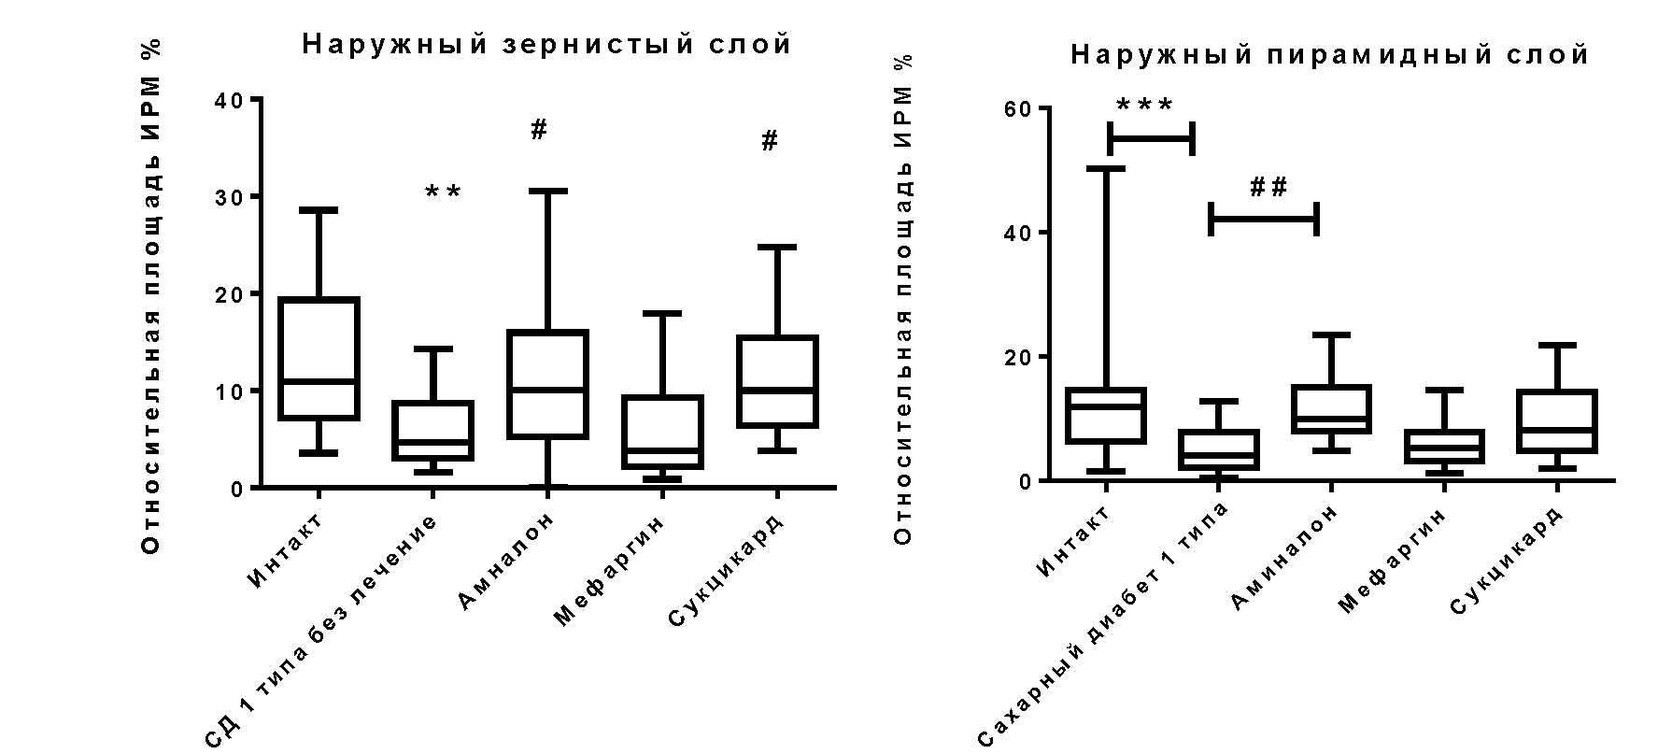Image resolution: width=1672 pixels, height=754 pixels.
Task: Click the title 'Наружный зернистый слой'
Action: pos(546,44)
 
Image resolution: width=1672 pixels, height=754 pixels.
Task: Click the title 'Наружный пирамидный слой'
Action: pos(1329,55)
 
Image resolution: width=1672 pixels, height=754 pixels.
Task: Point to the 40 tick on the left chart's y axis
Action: pos(229,99)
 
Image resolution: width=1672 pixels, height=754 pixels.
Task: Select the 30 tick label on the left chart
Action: pos(229,196)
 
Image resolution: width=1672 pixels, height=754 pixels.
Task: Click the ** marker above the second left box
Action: pos(443,193)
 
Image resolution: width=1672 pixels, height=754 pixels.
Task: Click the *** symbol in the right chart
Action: pos(1144,106)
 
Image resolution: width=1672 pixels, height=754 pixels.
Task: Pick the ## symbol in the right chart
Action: pos(1268,188)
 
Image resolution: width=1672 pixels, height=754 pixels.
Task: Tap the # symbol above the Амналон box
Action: pos(539,131)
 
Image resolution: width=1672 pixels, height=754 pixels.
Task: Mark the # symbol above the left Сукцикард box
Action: pos(770,142)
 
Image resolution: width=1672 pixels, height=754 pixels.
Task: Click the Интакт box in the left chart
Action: pos(319,359)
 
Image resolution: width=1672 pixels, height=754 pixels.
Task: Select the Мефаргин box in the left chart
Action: pos(662,432)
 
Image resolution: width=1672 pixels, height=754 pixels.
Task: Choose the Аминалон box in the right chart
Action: pos(1331,408)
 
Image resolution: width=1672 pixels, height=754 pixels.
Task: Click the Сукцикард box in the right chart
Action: pos(1556,420)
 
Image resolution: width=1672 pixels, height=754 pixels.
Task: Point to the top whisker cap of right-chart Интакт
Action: pos(1105,168)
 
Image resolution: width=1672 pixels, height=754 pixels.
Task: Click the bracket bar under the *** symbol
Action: pos(1151,139)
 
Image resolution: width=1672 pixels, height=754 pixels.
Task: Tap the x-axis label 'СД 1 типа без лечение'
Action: pos(323,632)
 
